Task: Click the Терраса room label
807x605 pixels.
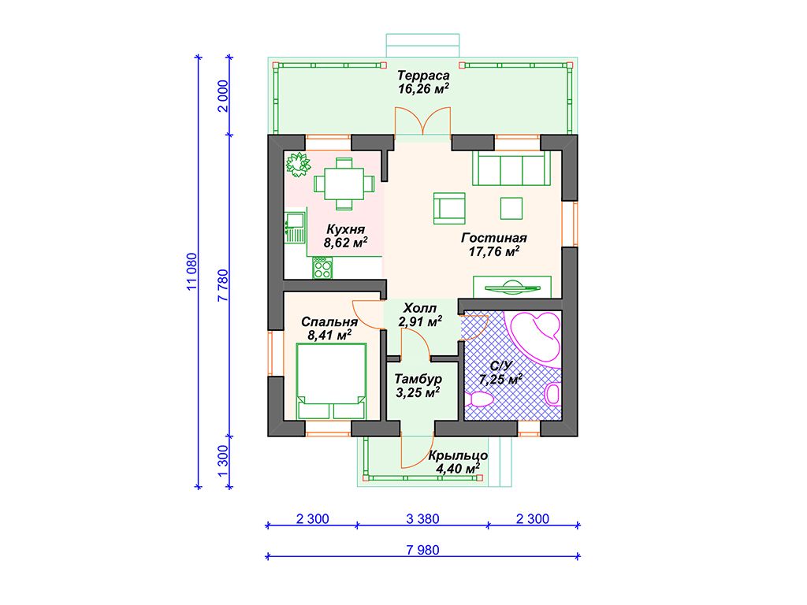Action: point(423,76)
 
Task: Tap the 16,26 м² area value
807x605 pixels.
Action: point(423,88)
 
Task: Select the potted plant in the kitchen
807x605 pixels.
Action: point(299,164)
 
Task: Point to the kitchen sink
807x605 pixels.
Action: point(296,227)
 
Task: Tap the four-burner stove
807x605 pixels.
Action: point(322,268)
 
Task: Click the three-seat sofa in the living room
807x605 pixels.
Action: point(511,168)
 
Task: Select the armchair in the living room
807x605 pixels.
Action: point(449,208)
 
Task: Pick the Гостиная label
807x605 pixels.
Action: point(494,238)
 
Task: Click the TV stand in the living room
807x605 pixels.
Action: point(512,286)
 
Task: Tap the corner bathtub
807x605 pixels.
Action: point(534,336)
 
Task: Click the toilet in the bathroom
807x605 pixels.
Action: point(480,399)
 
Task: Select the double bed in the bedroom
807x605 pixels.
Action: point(332,381)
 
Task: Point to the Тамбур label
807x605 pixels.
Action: point(418,379)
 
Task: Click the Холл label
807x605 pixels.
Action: point(420,308)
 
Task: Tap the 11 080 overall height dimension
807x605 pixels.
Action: point(192,272)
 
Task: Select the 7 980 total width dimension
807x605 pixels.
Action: point(423,550)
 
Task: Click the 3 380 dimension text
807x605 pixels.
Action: point(422,518)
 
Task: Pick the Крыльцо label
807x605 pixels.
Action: point(458,456)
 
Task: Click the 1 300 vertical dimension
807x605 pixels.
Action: point(223,462)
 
